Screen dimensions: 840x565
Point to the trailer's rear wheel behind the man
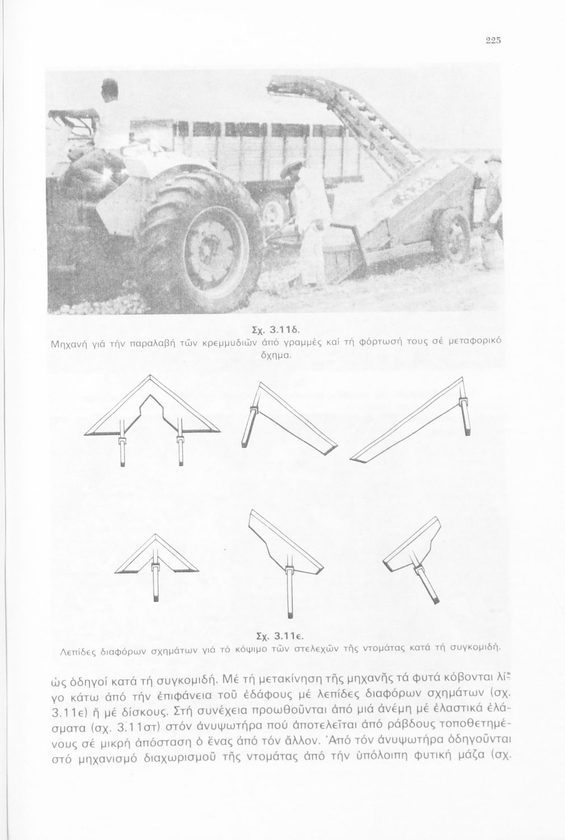[274, 210]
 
